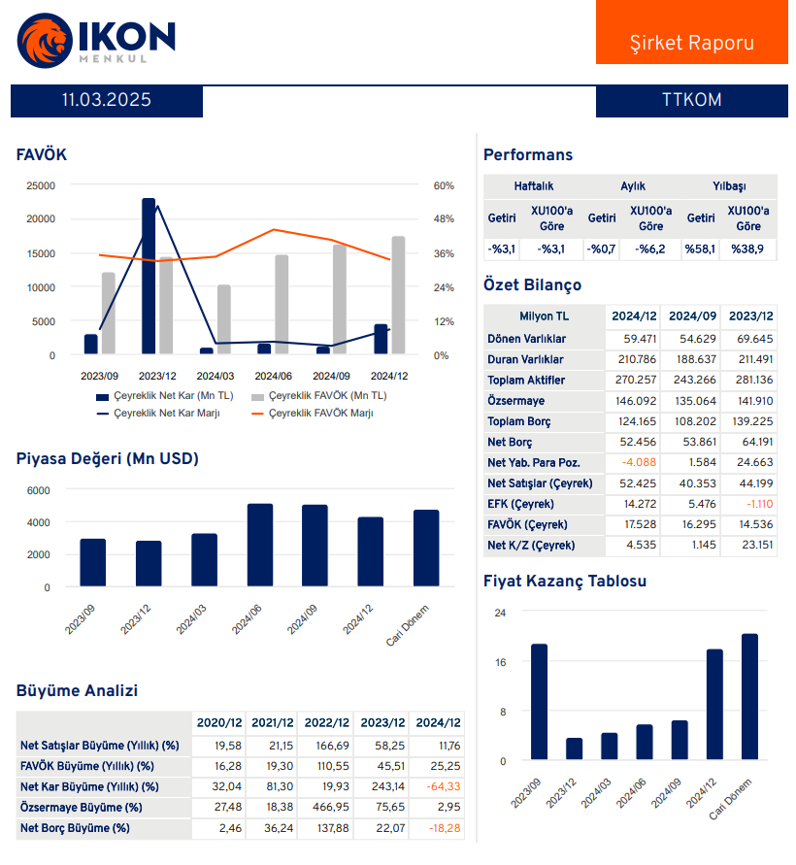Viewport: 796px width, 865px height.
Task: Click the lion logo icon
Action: click(44, 40)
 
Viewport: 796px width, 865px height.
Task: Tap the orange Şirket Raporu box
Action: click(691, 32)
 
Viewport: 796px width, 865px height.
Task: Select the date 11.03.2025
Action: click(106, 100)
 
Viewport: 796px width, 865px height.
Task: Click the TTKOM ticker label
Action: click(691, 100)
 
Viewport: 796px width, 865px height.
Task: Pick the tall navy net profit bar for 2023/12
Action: click(149, 276)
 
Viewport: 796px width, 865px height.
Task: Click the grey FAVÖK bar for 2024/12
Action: click(398, 295)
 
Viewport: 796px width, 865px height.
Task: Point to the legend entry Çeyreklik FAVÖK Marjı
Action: click(320, 414)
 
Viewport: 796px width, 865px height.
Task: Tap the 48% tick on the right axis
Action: click(444, 219)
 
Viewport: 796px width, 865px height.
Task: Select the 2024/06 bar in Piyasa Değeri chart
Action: click(260, 545)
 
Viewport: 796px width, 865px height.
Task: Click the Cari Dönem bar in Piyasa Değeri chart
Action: click(426, 548)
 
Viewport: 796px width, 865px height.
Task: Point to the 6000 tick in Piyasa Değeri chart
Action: click(38, 490)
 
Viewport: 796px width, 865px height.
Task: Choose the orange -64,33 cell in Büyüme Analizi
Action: click(444, 786)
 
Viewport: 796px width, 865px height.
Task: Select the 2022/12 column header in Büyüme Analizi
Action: click(326, 722)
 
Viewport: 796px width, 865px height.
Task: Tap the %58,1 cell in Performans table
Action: click(700, 250)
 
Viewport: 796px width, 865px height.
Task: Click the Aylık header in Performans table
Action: click(633, 186)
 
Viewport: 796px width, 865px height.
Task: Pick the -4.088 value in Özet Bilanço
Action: click(639, 462)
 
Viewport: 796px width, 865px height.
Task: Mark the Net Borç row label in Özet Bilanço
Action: click(510, 442)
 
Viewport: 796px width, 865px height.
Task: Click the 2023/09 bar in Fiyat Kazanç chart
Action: click(539, 702)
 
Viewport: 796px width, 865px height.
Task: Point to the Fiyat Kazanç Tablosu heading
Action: click(565, 581)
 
